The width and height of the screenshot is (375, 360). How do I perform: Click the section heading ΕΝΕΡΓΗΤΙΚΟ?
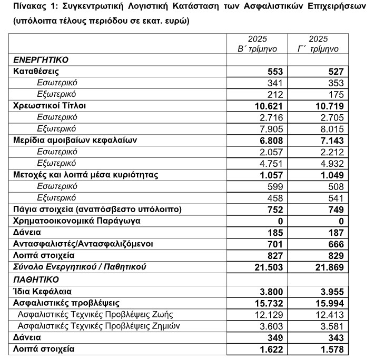pyautogui.click(x=41, y=60)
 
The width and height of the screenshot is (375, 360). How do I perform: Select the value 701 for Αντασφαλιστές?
pyautogui.click(x=275, y=244)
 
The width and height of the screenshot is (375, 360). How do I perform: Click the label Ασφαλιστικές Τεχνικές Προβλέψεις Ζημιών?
pyautogui.click(x=99, y=326)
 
